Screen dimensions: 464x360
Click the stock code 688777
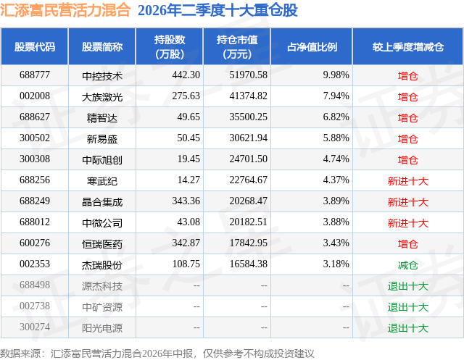35,75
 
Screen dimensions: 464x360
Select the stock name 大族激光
102,97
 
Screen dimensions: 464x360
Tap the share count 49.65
188,117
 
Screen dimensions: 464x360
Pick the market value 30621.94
248,138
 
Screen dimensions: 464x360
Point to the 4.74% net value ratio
336,159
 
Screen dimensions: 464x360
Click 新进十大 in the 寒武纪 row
407,181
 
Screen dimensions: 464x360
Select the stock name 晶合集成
102,202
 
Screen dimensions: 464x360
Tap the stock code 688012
35,222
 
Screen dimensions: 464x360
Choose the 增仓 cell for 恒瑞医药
407,244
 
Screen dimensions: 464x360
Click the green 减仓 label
407,265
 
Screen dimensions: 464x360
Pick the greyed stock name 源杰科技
102,286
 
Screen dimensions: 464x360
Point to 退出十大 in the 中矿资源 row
407,307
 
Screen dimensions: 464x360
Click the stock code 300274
35,327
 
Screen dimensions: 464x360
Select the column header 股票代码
35,46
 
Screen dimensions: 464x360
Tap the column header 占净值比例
312,46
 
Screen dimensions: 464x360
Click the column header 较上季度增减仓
407,46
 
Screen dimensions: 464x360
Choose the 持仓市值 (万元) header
237,46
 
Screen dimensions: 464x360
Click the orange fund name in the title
65,10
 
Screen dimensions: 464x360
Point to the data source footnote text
157,353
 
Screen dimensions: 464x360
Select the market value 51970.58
248,75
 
